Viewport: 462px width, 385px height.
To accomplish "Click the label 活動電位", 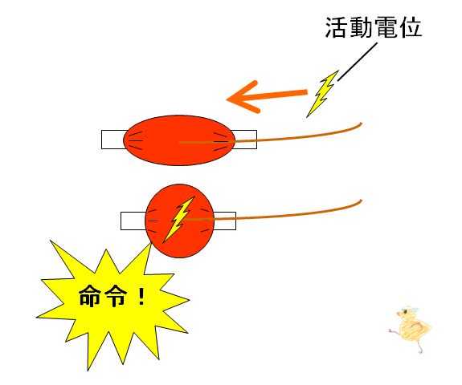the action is click(x=374, y=27).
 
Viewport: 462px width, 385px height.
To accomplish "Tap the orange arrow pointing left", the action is click(x=267, y=96).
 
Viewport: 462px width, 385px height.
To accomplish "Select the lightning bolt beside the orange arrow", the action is click(x=322, y=94).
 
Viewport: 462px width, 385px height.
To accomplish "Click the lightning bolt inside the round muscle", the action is click(x=178, y=220).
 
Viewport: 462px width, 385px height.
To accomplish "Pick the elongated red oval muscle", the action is click(x=179, y=140).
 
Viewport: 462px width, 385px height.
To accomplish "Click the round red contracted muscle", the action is click(x=179, y=221).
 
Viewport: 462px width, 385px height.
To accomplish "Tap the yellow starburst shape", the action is click(x=112, y=303).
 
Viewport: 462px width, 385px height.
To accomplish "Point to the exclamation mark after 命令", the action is click(x=141, y=296).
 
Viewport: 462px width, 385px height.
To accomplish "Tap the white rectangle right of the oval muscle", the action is click(x=245, y=140).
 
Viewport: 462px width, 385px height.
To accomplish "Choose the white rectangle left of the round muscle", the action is click(x=133, y=221).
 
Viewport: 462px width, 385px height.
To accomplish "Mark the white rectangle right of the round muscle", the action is click(x=224, y=221).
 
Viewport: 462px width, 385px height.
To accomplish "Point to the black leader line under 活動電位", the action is click(x=358, y=62).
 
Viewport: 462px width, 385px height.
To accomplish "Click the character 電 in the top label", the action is click(x=386, y=27).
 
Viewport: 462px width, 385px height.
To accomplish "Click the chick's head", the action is click(x=407, y=312).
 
